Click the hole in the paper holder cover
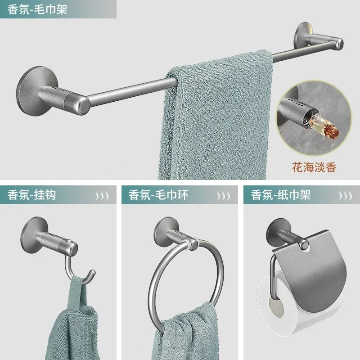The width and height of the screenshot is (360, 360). (311, 246)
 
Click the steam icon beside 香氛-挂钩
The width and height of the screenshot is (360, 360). (101, 196)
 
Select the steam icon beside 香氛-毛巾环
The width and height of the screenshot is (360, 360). (224, 196)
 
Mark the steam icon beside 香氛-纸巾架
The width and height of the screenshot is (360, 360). (345, 196)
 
